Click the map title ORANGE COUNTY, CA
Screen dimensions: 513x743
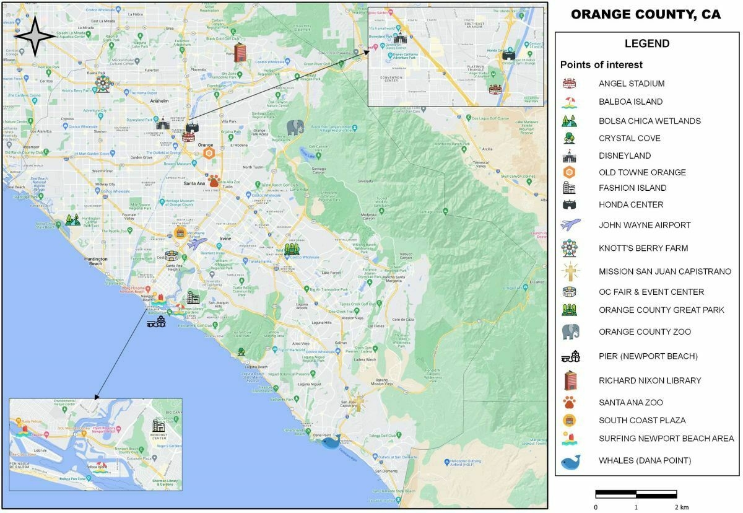(x=645, y=15)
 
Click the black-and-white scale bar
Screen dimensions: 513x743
(x=636, y=494)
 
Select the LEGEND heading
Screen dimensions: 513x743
(x=646, y=44)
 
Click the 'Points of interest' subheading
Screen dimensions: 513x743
(x=601, y=65)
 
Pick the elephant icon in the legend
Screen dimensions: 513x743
(x=570, y=331)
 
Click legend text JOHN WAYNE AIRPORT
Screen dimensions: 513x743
(x=645, y=225)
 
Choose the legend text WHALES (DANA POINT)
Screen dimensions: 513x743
(x=645, y=460)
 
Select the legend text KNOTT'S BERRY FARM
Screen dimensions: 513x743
(x=643, y=248)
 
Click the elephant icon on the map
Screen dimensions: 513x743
(x=295, y=128)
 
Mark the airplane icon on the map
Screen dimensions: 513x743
(x=198, y=243)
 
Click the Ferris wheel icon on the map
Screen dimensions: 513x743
(x=102, y=84)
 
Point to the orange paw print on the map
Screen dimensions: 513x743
(x=214, y=180)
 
